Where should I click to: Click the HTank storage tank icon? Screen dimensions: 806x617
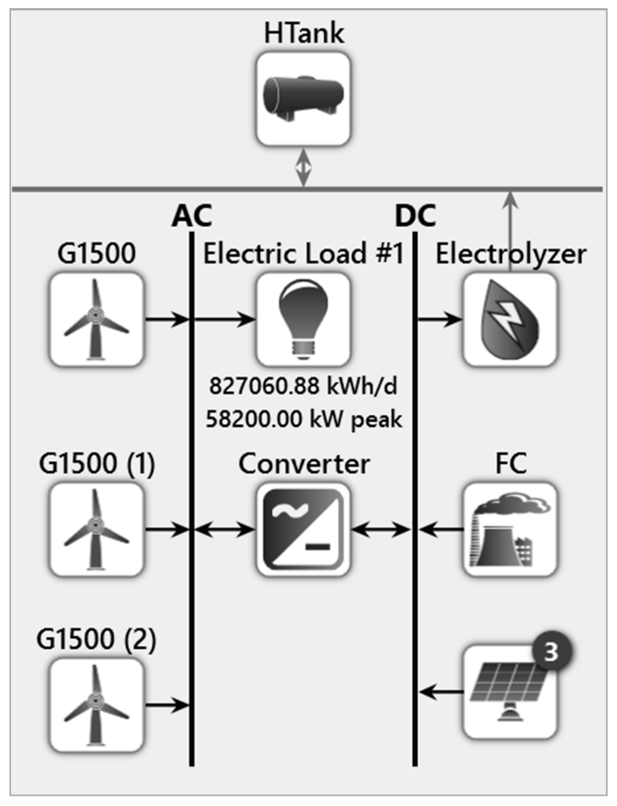303,99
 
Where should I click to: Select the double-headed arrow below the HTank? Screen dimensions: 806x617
303,167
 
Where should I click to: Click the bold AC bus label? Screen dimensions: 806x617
192,216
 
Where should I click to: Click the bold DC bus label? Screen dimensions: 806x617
415,216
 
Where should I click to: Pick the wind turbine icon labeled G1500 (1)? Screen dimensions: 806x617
96,529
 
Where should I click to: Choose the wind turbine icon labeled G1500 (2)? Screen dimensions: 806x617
96,705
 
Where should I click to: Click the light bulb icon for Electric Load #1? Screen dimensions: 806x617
303,319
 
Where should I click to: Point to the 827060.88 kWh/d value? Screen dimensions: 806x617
303,386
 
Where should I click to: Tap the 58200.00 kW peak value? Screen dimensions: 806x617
303,419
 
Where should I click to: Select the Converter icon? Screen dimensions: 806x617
303,529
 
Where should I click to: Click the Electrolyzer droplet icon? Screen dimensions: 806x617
510,319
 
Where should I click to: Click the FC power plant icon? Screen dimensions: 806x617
510,529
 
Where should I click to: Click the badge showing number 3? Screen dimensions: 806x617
550,652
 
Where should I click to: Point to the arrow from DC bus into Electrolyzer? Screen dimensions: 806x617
440,319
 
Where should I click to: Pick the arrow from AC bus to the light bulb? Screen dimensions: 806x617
224,319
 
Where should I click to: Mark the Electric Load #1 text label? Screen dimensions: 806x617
303,254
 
